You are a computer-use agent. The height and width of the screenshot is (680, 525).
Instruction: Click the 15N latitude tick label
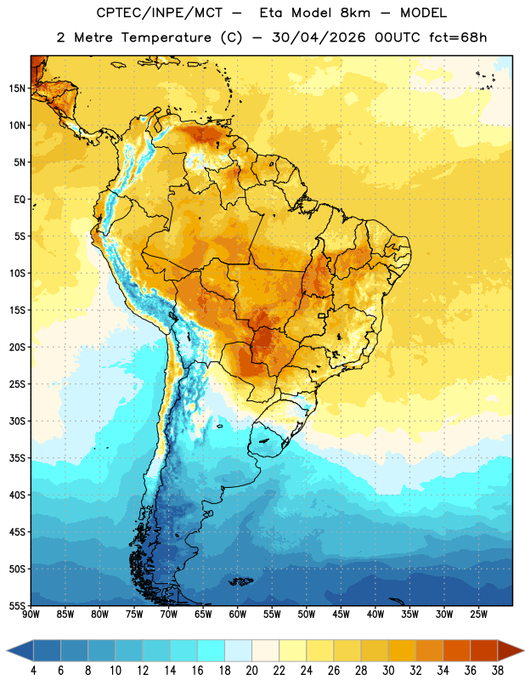tap(17, 88)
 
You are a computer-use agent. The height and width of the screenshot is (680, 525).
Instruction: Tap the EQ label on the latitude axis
tap(20, 200)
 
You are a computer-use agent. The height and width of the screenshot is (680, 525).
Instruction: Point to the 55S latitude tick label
tap(17, 605)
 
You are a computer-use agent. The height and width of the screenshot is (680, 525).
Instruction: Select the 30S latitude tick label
tap(17, 421)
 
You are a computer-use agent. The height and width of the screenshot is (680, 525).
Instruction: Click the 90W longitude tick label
tap(31, 614)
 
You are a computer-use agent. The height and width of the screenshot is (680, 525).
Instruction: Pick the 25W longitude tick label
tap(478, 614)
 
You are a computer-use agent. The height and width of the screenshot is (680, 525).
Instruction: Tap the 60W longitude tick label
tap(238, 614)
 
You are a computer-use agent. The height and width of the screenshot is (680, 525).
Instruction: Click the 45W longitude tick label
tap(341, 614)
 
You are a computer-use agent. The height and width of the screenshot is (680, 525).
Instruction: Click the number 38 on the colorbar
tap(498, 671)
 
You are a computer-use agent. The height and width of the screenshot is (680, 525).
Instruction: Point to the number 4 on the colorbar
tap(33, 671)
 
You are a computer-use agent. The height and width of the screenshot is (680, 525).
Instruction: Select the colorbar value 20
tap(251, 671)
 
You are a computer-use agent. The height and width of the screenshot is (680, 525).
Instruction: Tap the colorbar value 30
tap(388, 671)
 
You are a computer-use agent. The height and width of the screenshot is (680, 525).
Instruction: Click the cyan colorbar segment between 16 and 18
tap(211, 650)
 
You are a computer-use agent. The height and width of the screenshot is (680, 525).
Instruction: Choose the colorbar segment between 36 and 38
tap(484, 650)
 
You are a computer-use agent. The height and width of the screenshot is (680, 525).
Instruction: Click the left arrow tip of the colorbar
tap(7, 650)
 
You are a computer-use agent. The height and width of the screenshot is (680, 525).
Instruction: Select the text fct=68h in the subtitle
tap(458, 37)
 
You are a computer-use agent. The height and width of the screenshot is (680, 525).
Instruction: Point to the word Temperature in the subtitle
tap(166, 37)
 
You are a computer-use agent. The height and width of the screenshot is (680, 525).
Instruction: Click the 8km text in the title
tap(355, 13)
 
